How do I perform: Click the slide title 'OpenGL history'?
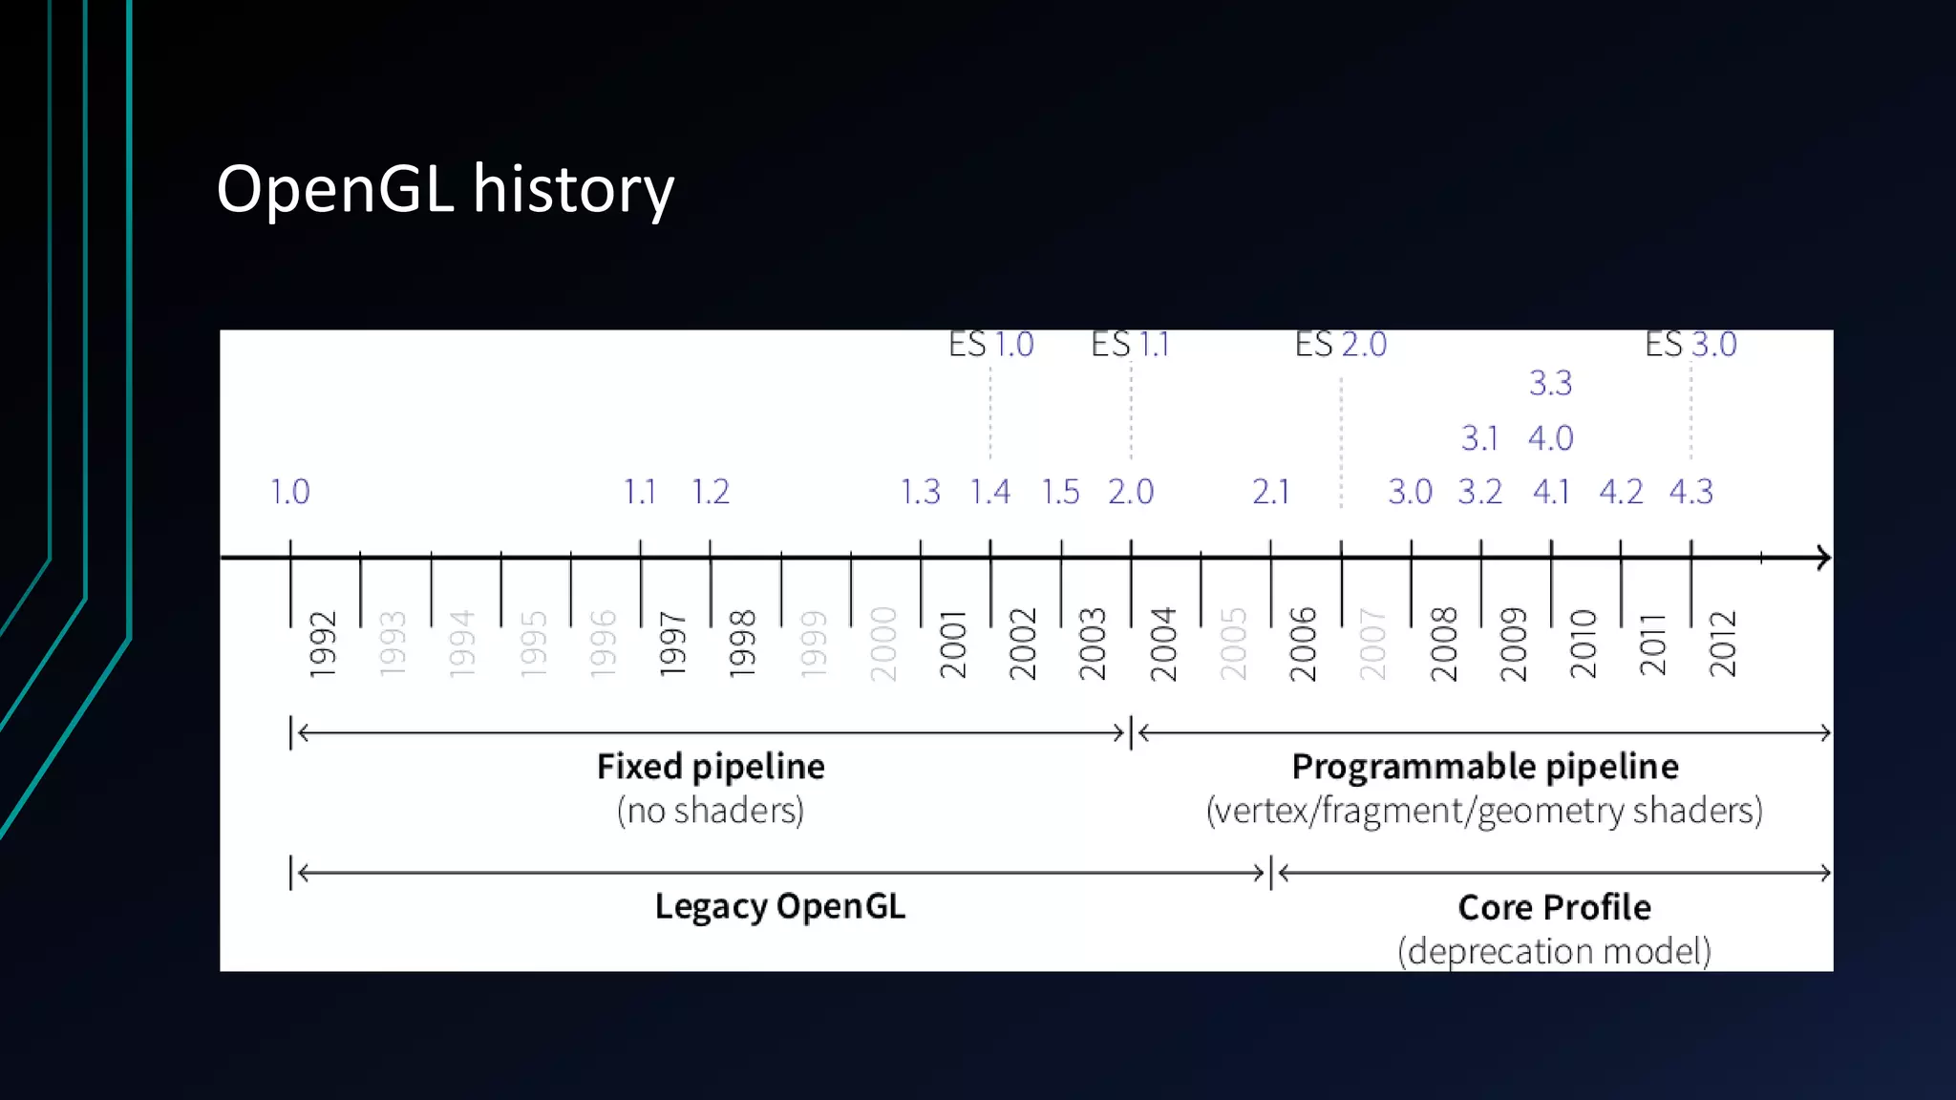coord(445,189)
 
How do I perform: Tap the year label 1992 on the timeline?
coord(323,645)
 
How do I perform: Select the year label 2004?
coord(1162,645)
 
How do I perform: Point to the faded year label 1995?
coord(533,645)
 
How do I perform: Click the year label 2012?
coord(1722,645)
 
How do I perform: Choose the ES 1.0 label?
coord(990,345)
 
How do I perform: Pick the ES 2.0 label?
coord(1340,345)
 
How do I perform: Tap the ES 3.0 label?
coord(1690,345)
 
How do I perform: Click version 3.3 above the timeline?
coord(1550,384)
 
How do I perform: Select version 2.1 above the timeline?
coord(1270,493)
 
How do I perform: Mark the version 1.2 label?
coord(711,493)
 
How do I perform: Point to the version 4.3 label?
coord(1690,493)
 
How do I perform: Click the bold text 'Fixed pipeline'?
coord(711,767)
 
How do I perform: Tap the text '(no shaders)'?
coord(711,811)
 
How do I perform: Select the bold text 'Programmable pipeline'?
coord(1484,767)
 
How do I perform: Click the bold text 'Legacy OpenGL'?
coord(779,906)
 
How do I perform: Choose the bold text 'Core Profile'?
coord(1554,907)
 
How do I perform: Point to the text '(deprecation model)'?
coord(1554,951)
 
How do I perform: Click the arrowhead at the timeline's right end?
coord(1823,558)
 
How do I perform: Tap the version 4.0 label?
coord(1550,438)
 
